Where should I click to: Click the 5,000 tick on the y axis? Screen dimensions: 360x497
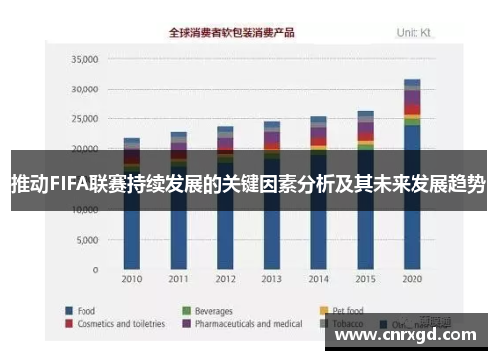point(85,241)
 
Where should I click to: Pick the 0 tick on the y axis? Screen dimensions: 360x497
point(94,270)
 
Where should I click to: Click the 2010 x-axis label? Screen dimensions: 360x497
point(131,278)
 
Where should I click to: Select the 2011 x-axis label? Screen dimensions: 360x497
point(178,278)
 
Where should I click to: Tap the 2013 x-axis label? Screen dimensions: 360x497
point(271,278)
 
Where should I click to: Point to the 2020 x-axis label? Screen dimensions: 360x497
point(412,278)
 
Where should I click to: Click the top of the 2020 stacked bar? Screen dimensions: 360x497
point(412,81)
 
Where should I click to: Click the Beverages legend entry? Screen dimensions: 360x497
point(214,309)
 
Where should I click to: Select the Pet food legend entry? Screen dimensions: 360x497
point(352,309)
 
